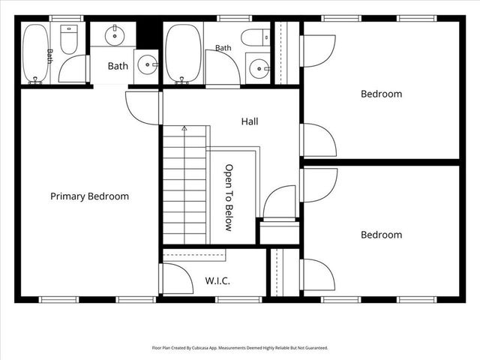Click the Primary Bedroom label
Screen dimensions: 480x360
89,196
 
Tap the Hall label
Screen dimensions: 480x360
250,121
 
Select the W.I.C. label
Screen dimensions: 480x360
217,280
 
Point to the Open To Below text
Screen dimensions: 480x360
229,198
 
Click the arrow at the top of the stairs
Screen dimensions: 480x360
184,128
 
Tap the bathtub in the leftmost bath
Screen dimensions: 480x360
36,53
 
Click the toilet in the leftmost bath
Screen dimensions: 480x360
69,40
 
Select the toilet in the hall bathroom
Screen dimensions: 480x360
255,37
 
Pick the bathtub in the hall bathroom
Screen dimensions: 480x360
183,54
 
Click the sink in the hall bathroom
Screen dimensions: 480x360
259,68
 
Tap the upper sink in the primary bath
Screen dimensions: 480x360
115,35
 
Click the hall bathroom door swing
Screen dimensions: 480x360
223,67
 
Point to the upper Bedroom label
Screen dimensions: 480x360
382,94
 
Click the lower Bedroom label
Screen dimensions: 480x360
382,235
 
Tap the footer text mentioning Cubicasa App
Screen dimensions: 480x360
240,348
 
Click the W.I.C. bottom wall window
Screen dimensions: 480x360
238,299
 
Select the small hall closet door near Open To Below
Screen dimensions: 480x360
279,202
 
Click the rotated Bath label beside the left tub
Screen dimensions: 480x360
50,56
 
